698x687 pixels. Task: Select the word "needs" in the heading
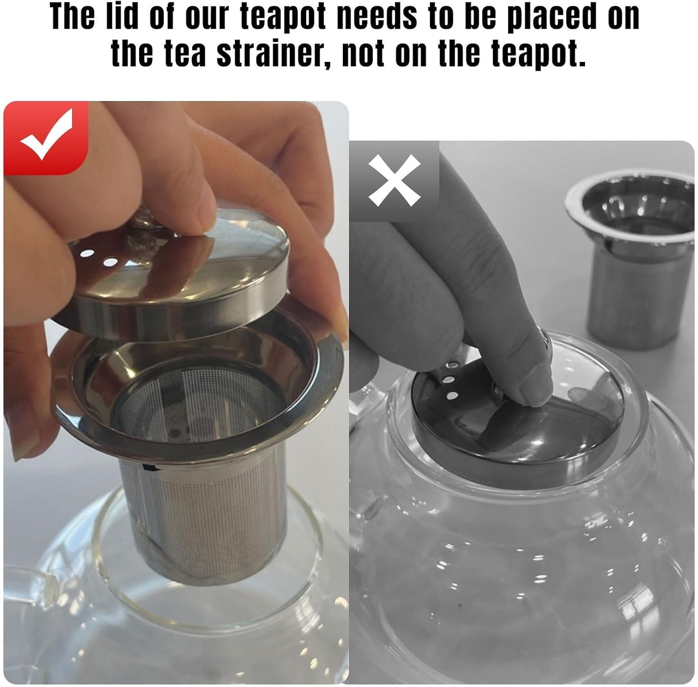(377, 16)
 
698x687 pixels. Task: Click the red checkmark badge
(46, 138)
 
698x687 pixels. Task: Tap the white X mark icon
(394, 180)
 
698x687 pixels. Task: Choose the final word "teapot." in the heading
(512, 56)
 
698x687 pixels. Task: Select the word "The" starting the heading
(72, 16)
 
